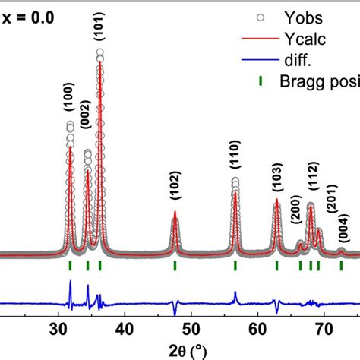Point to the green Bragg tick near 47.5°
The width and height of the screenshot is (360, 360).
(175, 265)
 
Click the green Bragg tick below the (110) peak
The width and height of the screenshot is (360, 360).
(235, 265)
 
